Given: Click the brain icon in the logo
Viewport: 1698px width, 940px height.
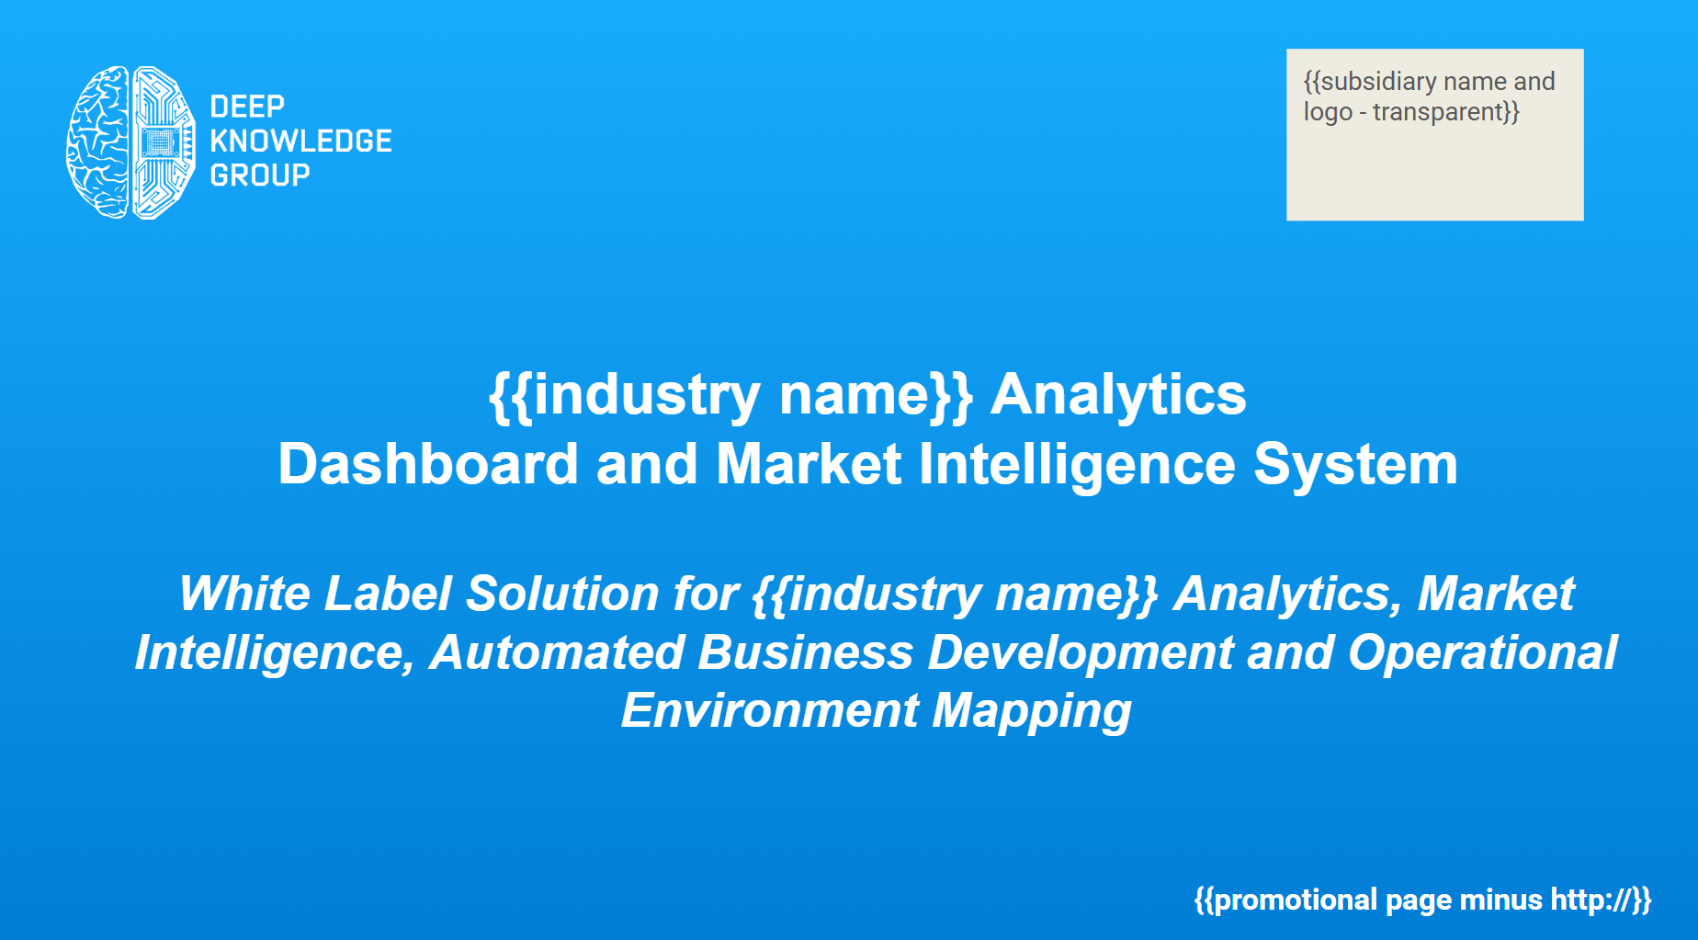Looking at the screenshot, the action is (x=130, y=142).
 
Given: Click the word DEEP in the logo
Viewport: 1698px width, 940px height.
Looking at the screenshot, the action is (x=247, y=107).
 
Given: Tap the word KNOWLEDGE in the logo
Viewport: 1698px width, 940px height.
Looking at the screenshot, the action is (x=300, y=141).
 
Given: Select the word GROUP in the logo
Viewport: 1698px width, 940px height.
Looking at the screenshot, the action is (x=260, y=175).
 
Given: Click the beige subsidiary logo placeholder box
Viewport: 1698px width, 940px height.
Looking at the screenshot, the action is (x=1434, y=134).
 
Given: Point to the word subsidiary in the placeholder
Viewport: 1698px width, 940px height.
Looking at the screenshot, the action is (x=1378, y=82).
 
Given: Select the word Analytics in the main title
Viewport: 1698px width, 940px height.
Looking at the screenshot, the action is (x=1118, y=394).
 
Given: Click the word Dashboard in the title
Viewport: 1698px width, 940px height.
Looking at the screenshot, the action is (x=428, y=463).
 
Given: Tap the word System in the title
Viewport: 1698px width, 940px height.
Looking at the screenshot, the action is (x=1356, y=464).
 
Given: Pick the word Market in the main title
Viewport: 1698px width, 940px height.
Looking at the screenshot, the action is (x=809, y=463).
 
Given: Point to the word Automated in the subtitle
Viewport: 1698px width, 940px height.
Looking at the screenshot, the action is (x=557, y=652).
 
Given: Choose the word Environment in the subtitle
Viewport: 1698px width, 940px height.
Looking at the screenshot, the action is (x=770, y=710).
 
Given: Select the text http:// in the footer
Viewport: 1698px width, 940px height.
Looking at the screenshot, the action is (x=1590, y=899).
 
